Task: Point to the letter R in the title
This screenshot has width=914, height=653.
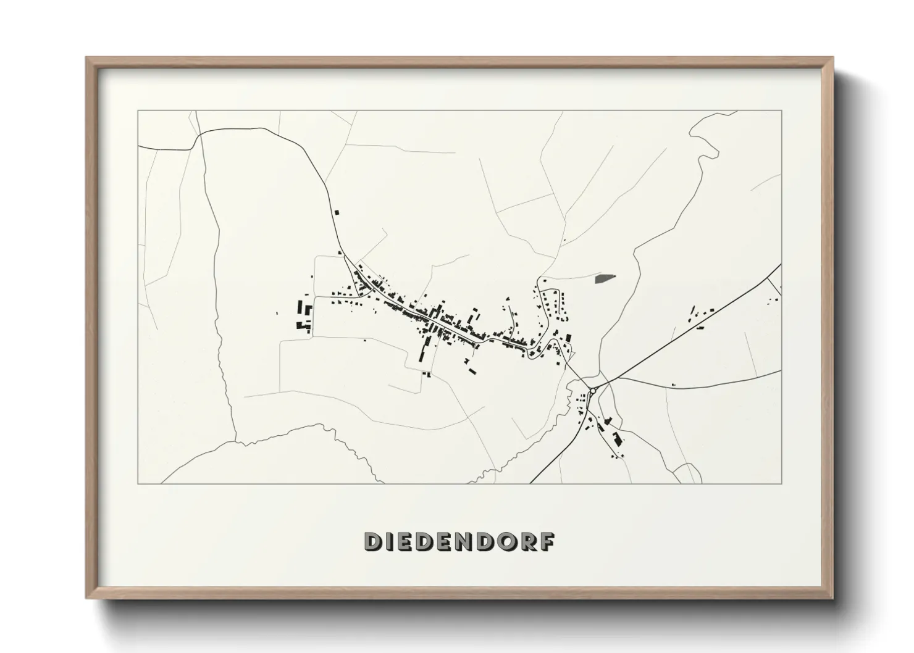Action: [x=532, y=541]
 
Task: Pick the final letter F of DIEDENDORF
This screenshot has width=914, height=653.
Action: [x=549, y=541]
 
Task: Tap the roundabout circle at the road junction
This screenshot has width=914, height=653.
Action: [x=593, y=391]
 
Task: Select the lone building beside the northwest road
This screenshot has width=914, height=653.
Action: [x=337, y=212]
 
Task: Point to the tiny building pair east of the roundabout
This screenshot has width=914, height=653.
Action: [x=673, y=385]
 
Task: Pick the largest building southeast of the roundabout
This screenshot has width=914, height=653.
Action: [x=615, y=439]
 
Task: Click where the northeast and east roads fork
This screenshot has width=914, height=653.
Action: [x=612, y=380]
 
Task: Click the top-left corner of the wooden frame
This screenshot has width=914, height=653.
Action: [x=86, y=57]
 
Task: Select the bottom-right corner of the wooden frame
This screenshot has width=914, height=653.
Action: [x=832, y=598]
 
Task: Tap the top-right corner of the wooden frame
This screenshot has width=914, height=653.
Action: [x=832, y=57]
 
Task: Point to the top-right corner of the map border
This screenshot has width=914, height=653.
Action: [x=781, y=110]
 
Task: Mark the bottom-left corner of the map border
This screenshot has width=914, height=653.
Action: [x=138, y=483]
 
